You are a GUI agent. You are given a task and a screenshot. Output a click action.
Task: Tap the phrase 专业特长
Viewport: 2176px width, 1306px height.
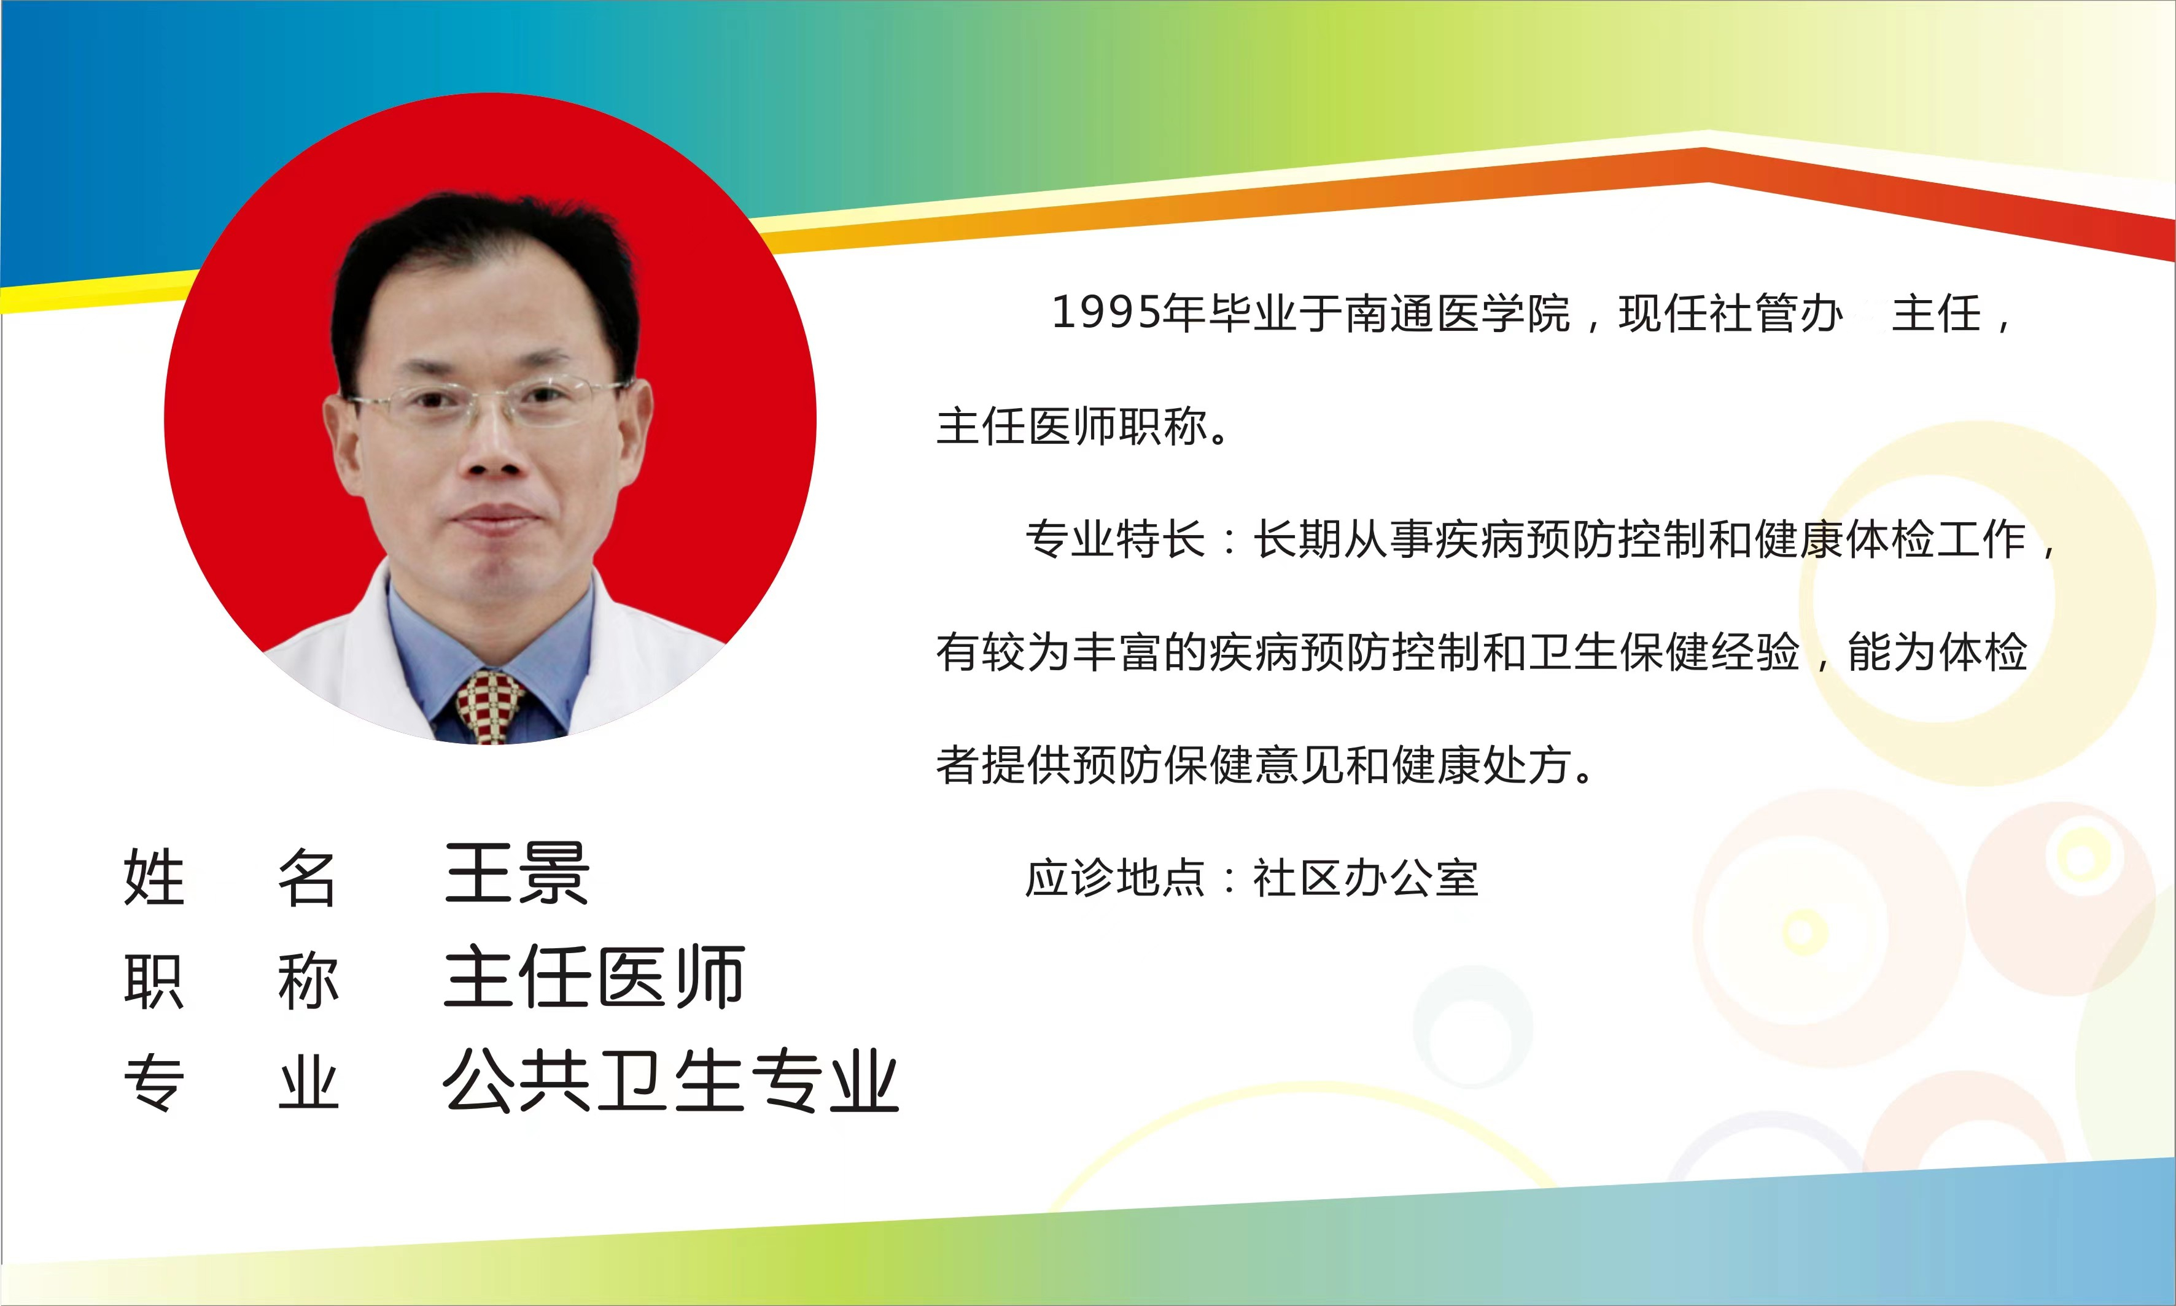coord(1114,539)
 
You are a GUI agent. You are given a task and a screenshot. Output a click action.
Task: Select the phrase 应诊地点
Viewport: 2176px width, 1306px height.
coord(1114,878)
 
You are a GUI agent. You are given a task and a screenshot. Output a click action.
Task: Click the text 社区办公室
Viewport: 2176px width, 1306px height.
coord(1366,878)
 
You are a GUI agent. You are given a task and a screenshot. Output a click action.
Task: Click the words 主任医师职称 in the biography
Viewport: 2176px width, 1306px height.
coord(1071,426)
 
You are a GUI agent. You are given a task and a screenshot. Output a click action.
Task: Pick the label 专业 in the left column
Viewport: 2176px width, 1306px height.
coord(231,1083)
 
